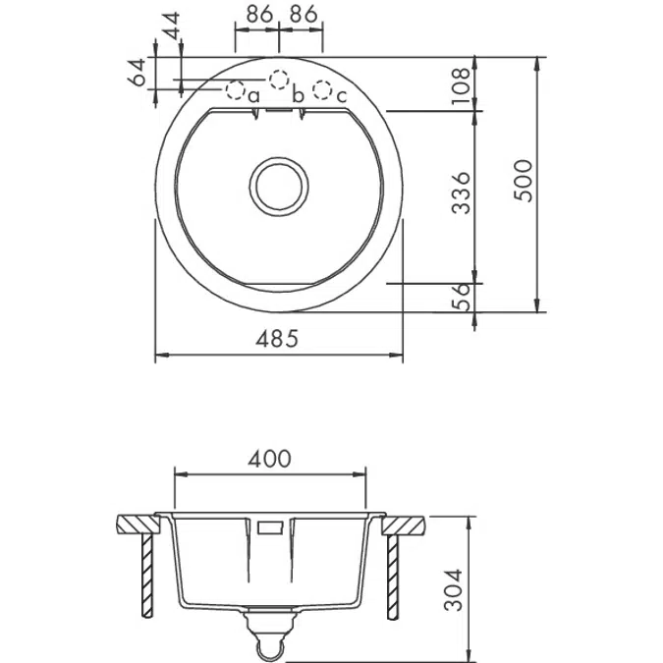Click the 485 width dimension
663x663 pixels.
point(277,339)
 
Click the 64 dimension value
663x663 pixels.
point(138,71)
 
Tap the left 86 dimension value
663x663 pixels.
point(257,15)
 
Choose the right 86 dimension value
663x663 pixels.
point(304,15)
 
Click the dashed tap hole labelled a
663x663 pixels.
point(236,90)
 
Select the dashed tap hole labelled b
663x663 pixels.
point(280,78)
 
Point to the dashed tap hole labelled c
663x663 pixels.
point(322,90)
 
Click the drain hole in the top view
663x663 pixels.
point(280,184)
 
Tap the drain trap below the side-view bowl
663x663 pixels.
point(269,628)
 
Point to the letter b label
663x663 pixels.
point(298,95)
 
